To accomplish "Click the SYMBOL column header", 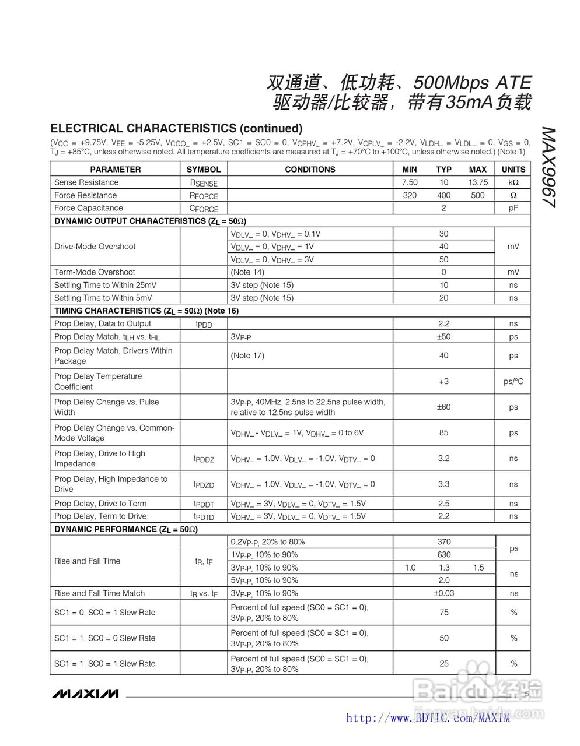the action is (x=203, y=170).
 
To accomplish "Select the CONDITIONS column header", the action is (x=310, y=170).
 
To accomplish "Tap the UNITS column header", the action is (x=513, y=170).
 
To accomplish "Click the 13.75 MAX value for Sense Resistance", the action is (x=477, y=182).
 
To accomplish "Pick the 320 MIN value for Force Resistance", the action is (x=410, y=195).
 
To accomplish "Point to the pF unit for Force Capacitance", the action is (x=513, y=208).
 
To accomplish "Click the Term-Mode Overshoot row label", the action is (x=95, y=272).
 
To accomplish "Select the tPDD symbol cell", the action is (x=204, y=324).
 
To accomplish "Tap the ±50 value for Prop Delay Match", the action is (x=443, y=337).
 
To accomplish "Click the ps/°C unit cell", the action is (x=513, y=382).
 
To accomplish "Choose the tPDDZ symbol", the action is (x=204, y=459).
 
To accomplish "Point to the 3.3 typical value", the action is (x=443, y=484).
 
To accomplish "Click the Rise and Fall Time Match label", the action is (x=99, y=593).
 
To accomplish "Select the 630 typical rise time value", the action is (x=443, y=555).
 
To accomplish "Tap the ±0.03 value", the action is (x=443, y=593).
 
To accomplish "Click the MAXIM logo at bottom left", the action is (x=85, y=694).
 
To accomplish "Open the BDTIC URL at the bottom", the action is (x=428, y=718).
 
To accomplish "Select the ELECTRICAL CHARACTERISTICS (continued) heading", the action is (x=176, y=128).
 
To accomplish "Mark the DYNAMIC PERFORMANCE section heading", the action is (x=126, y=529).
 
